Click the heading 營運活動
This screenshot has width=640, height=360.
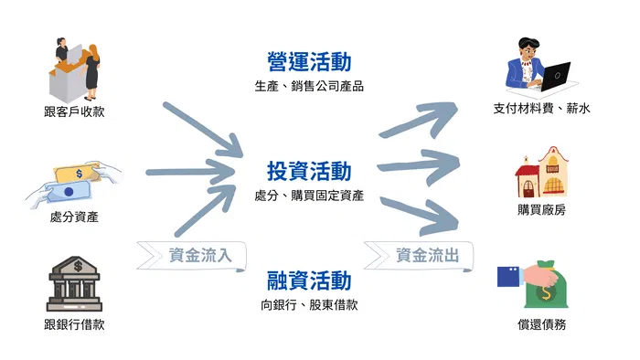point(309,61)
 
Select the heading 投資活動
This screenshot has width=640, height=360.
point(309,171)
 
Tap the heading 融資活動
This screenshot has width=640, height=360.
point(309,281)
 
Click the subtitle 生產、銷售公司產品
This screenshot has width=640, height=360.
point(309,86)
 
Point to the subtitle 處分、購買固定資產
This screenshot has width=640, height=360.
point(309,196)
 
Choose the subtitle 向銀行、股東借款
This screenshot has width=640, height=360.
point(309,305)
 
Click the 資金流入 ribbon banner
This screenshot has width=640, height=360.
point(191,256)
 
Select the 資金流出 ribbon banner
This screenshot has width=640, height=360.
point(419,256)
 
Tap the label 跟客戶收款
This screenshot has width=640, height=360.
point(74,111)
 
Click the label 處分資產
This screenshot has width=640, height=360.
point(74,217)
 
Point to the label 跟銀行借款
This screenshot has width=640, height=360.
point(74,324)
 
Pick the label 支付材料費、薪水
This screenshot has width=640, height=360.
point(541,109)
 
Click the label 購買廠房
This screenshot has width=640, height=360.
point(541,210)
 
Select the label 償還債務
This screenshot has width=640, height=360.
point(541,324)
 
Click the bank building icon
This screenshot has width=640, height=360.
point(74,284)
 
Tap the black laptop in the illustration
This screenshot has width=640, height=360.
point(556,76)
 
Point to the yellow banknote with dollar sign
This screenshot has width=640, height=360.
point(78,175)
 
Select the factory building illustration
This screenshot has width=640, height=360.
point(541,172)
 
